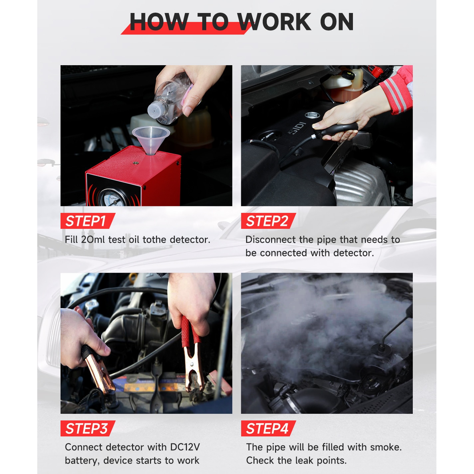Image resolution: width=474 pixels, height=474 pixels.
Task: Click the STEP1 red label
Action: pyautogui.click(x=87, y=221)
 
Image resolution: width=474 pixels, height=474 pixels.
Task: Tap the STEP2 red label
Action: pyautogui.click(x=268, y=221)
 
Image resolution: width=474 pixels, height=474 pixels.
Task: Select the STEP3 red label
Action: pyautogui.click(x=87, y=429)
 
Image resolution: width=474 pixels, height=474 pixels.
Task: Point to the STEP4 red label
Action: pyautogui.click(x=268, y=429)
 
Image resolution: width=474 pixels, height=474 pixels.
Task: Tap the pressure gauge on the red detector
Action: pyautogui.click(x=112, y=198)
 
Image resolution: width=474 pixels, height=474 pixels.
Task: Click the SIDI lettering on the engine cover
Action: pyautogui.click(x=297, y=128)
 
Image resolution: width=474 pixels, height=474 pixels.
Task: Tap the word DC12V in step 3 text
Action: pyautogui.click(x=185, y=447)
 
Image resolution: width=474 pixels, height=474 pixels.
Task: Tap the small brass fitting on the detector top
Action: pyautogui.click(x=135, y=163)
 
